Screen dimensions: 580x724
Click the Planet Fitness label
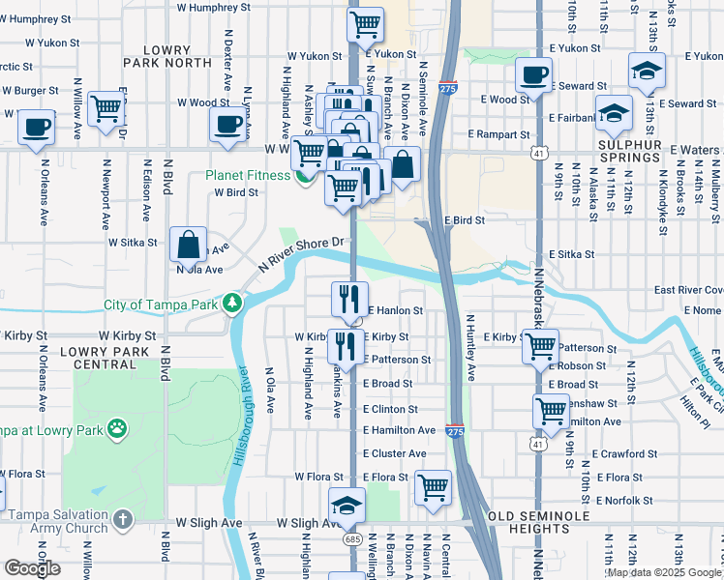pos(247,175)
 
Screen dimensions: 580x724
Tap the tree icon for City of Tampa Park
pos(231,304)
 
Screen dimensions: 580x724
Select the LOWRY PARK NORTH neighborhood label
pos(166,55)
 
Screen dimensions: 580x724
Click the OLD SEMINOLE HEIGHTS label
pos(539,522)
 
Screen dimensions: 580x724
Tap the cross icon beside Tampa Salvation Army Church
pos(122,521)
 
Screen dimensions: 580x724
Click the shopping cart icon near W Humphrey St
pos(365,23)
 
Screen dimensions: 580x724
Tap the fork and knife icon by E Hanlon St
pos(349,298)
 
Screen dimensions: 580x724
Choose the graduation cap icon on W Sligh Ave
pos(347,506)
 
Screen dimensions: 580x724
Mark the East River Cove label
pos(688,290)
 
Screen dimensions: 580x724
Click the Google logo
pos(33,568)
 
